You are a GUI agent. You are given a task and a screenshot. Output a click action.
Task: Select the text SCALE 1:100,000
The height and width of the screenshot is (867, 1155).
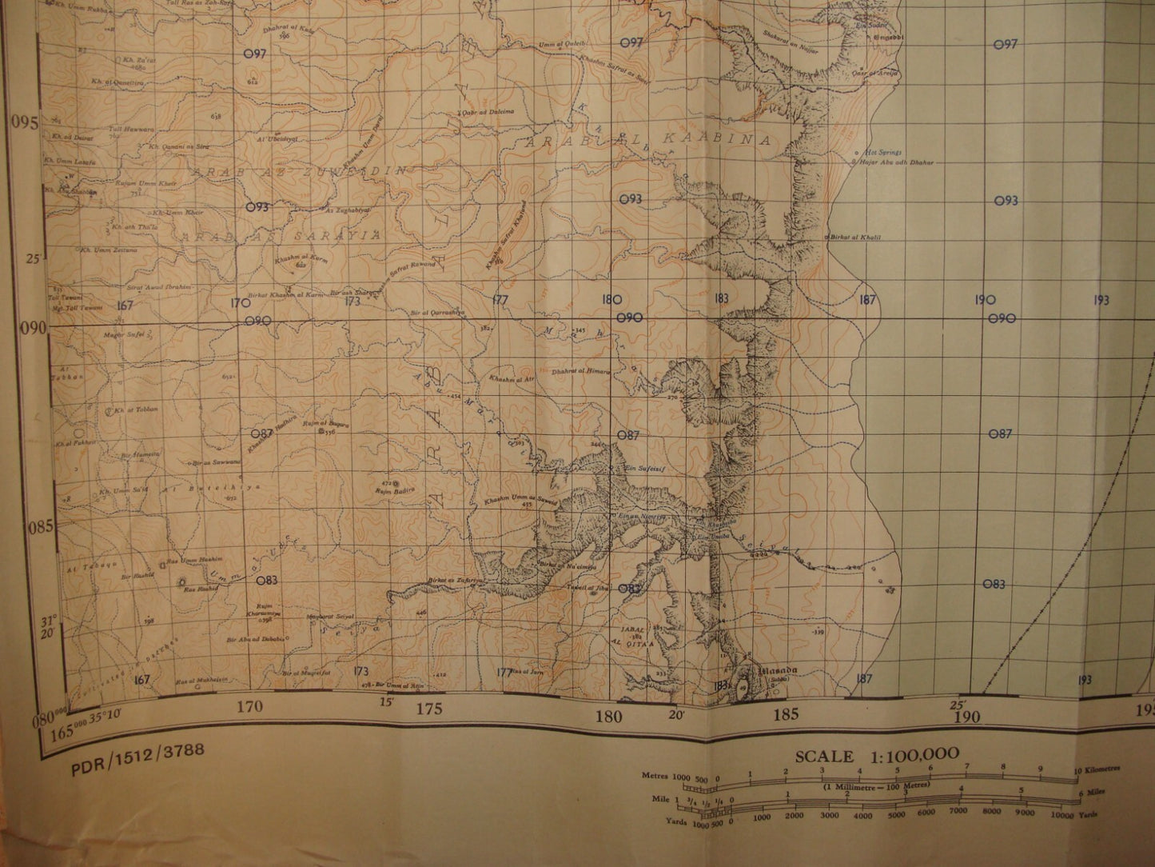[x=877, y=756]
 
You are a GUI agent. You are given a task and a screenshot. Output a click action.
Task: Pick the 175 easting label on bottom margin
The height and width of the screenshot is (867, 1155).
[x=429, y=709]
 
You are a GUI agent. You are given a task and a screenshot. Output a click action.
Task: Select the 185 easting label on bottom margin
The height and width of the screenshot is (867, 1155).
[x=787, y=714]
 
